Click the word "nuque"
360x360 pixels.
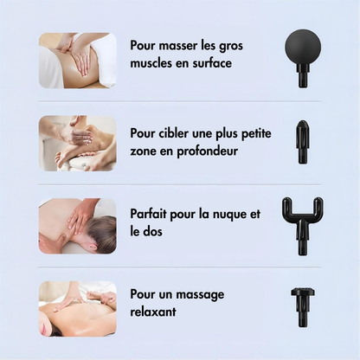point(228,213)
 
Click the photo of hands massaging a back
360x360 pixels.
point(77,61)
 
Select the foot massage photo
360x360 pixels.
point(77,142)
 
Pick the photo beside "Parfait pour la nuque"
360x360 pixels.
point(77,226)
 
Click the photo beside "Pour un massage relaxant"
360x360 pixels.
point(77,308)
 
